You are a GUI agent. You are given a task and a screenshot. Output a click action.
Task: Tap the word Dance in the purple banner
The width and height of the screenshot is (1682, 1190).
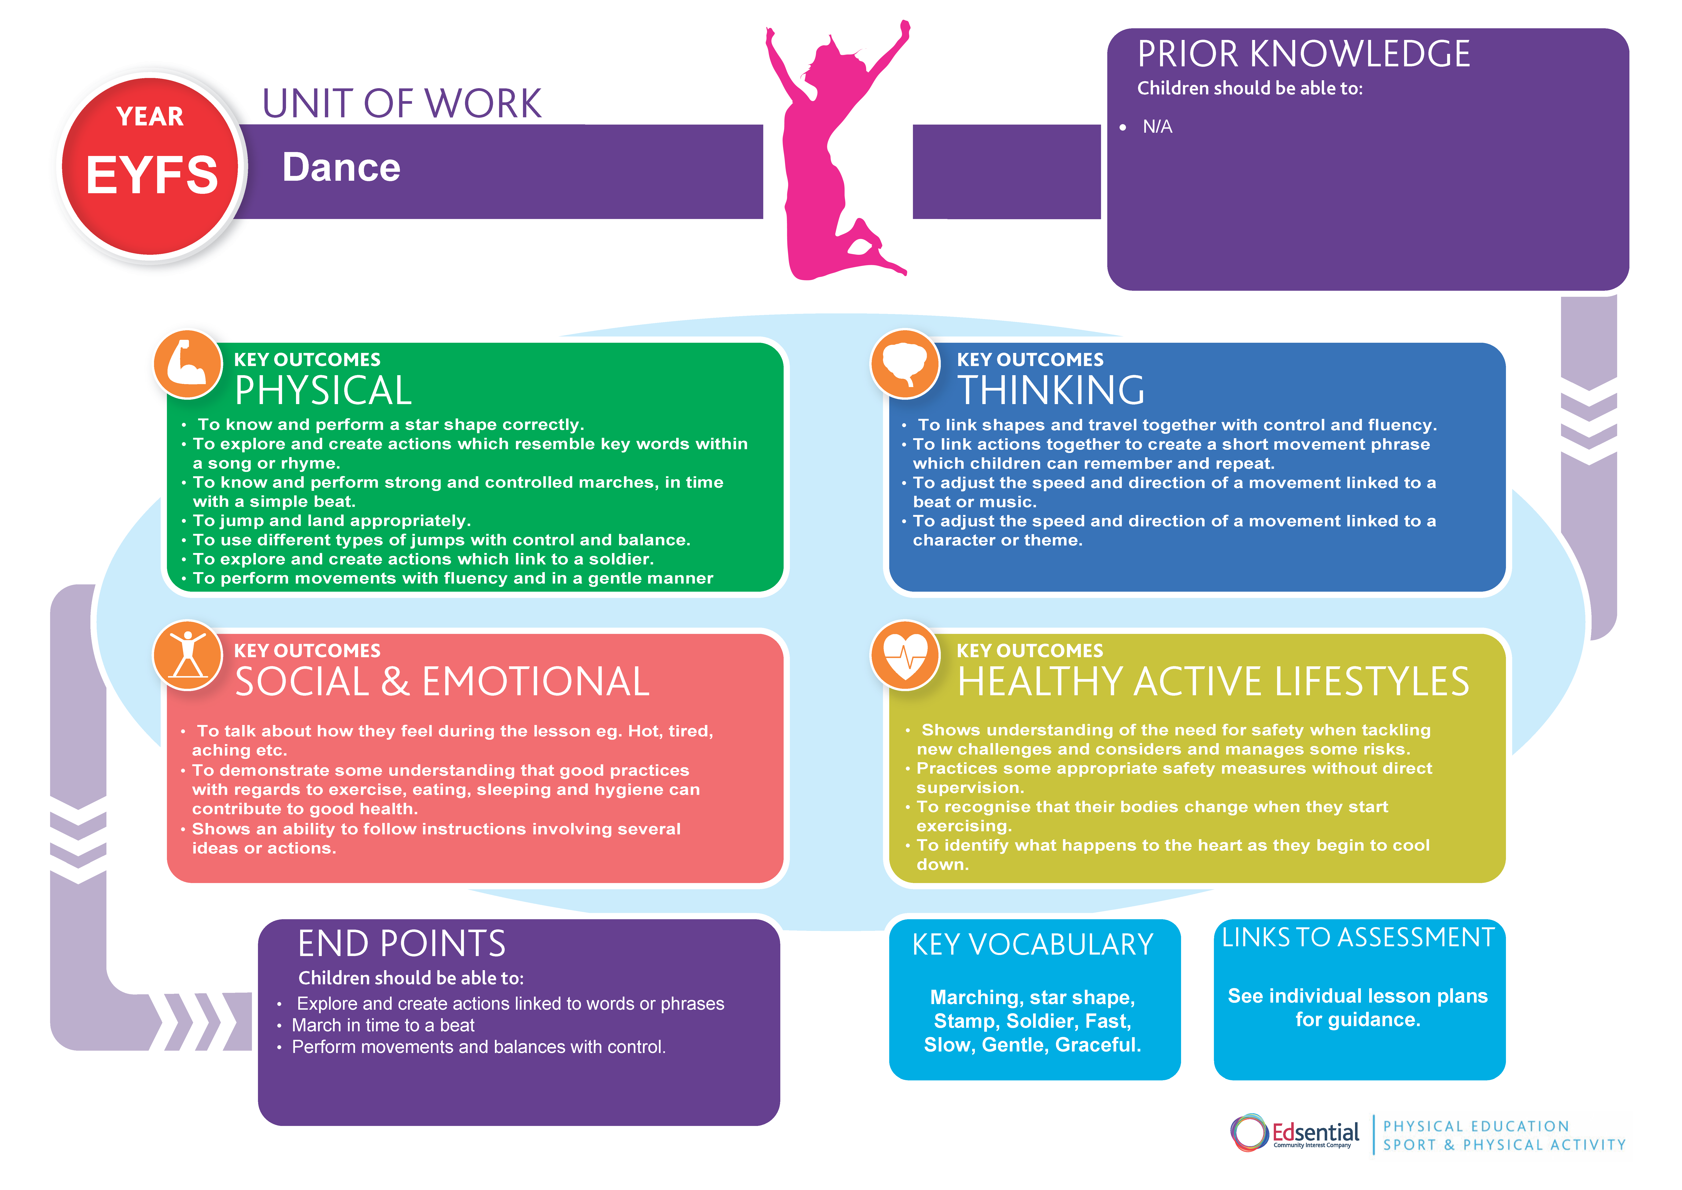341,168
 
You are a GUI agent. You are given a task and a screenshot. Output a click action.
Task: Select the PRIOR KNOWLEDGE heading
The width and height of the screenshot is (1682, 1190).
1303,54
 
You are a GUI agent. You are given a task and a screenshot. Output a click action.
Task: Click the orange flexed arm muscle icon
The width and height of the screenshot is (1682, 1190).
187,364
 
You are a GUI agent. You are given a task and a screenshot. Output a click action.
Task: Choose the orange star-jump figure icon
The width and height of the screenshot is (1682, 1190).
187,654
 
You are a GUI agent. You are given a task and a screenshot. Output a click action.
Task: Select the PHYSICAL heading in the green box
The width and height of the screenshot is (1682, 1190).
323,391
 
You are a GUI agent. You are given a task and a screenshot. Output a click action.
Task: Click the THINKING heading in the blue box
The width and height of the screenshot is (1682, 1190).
1051,391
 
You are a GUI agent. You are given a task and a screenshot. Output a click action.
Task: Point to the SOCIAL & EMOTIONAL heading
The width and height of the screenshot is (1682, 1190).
442,682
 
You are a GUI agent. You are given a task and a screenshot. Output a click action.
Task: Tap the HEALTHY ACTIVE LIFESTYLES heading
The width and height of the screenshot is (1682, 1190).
1212,682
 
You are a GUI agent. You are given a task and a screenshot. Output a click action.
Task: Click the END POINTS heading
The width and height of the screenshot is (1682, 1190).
401,944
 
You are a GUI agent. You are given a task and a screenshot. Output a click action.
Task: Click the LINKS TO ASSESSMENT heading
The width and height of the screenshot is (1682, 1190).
1358,938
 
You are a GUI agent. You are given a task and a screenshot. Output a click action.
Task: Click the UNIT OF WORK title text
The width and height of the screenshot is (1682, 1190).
401,104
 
